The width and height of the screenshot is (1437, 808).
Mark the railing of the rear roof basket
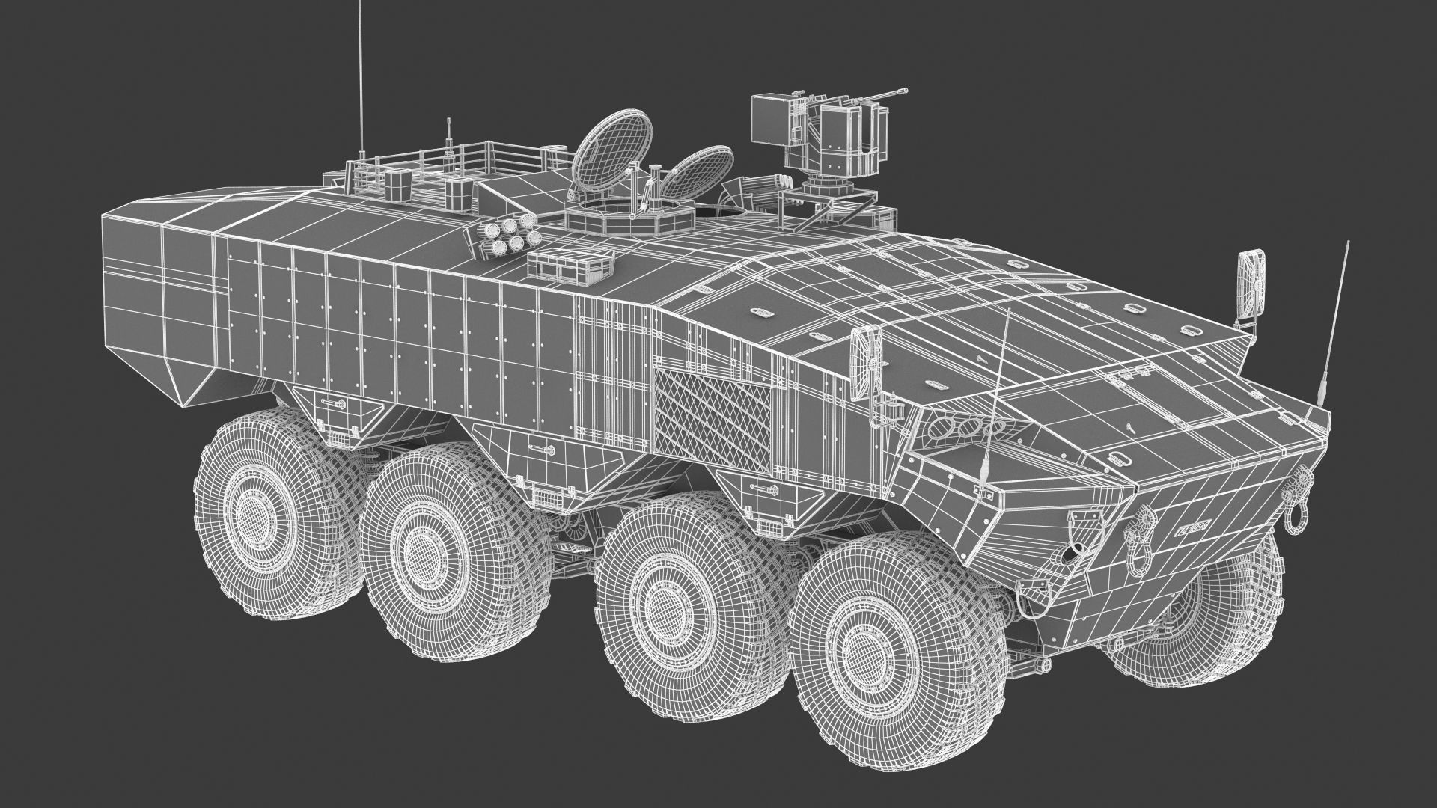tap(479, 157)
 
